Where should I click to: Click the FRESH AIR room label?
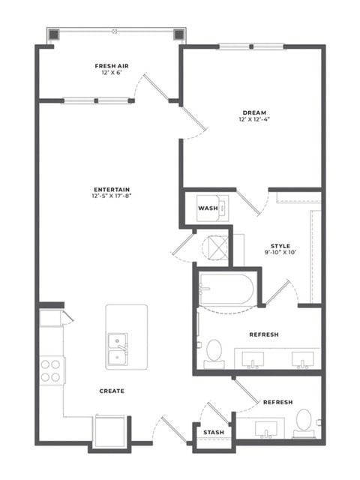[x=112, y=66]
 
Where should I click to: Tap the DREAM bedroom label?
[x=254, y=112]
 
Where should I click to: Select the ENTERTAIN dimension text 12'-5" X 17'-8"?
[x=112, y=196]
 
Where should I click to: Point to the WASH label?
[x=208, y=208]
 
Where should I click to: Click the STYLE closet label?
[x=280, y=246]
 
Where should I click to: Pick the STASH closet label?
[x=214, y=432]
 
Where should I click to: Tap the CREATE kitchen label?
[x=112, y=391]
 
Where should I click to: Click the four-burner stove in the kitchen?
[x=52, y=370]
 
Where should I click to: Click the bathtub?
[x=226, y=289]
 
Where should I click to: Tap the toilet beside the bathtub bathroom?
[x=214, y=353]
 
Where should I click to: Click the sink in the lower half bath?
[x=266, y=429]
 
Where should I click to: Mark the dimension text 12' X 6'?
[x=112, y=73]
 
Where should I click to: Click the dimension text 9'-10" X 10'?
[x=280, y=253]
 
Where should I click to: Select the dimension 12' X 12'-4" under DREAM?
[x=254, y=119]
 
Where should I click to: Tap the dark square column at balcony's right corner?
[x=178, y=35]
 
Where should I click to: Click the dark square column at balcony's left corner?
[x=54, y=35]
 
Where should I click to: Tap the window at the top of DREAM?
[x=251, y=46]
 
